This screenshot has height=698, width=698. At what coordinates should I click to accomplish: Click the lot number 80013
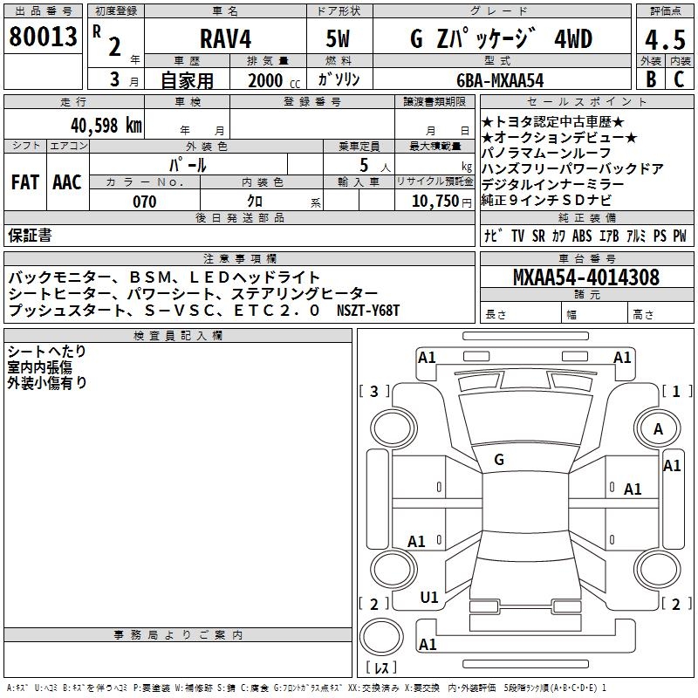pos(43,38)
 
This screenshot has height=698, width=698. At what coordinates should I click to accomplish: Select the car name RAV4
pos(224,40)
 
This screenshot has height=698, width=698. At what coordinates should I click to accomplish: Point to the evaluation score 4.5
pos(664,40)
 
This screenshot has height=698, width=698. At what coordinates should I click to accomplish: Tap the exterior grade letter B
pos(650,79)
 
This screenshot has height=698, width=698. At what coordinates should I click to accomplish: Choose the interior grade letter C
pos(680,79)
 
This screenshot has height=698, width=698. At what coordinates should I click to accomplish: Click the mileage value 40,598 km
pos(106,125)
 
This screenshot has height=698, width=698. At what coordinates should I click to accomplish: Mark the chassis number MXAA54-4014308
pos(585,277)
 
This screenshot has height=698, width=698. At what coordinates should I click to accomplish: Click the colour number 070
pos(144,202)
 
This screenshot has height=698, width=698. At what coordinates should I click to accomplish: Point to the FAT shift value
pos(24,181)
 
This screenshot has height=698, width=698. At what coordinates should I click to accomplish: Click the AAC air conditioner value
pos(66,181)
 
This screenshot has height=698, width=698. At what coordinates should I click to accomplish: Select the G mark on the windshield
pos(499,460)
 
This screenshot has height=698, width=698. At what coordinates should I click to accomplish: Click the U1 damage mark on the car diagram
pos(429,597)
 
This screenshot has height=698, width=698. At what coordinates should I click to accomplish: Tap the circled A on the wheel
pos(659,428)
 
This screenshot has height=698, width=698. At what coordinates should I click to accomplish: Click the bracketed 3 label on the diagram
pos(374,391)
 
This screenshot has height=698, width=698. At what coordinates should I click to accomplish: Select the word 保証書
pos(30,235)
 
